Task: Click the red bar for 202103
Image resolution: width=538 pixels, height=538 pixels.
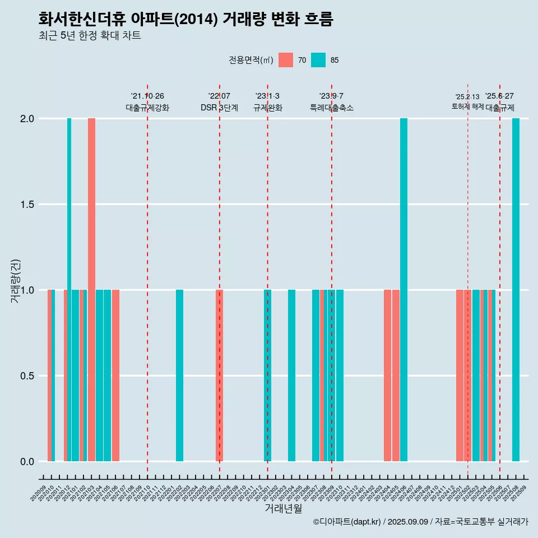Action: tap(91, 290)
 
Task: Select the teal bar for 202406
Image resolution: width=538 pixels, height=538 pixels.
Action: tap(403, 290)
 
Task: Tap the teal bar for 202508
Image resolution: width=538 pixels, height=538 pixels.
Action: tap(516, 290)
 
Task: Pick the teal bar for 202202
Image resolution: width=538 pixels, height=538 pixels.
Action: tap(179, 375)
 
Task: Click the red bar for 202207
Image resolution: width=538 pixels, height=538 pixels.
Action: tap(219, 375)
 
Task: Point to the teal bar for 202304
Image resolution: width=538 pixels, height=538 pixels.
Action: tap(291, 375)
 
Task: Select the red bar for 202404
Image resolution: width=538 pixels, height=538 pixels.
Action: tap(387, 375)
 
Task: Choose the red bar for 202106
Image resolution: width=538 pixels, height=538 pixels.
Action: tap(115, 375)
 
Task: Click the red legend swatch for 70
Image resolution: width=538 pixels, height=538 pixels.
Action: tap(286, 60)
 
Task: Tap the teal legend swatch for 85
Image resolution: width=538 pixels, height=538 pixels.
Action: tap(318, 60)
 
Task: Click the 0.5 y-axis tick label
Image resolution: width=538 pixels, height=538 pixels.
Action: tap(27, 376)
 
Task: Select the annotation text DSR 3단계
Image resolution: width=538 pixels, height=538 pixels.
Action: tap(219, 108)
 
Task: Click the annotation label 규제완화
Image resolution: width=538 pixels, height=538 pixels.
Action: tap(267, 108)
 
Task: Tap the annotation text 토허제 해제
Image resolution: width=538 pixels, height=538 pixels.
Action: tap(467, 106)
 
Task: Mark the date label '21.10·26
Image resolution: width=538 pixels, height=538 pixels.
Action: tap(147, 96)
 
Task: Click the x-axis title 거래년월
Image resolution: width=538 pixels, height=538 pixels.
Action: tap(283, 509)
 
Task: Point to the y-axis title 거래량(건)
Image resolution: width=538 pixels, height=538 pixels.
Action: tap(16, 281)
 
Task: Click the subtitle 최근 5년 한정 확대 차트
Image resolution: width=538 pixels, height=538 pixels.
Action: tap(90, 36)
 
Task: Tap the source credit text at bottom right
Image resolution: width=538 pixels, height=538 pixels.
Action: tap(420, 522)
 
